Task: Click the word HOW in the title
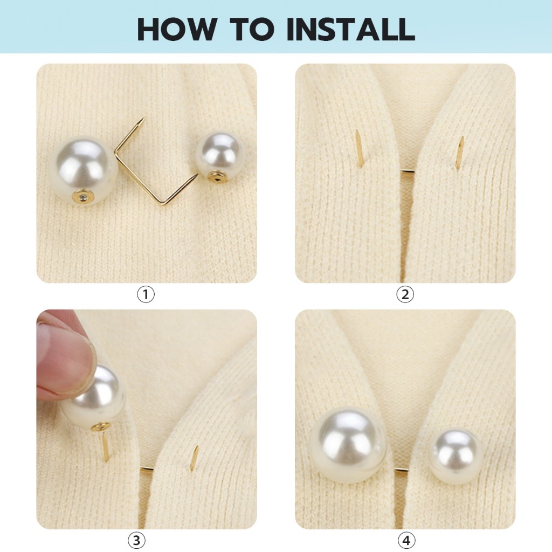tap(177, 29)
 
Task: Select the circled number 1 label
tap(146, 294)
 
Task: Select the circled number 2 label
tap(405, 294)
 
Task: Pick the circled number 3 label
tap(136, 540)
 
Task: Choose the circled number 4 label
tap(406, 540)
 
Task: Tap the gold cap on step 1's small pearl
tap(216, 176)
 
